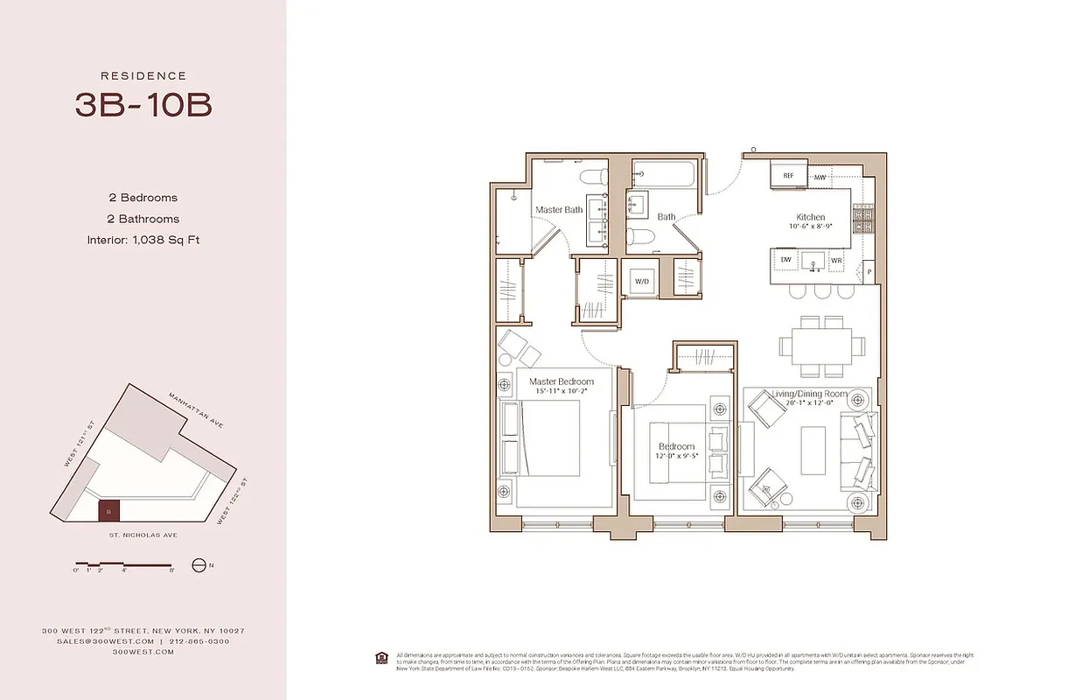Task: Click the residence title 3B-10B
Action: [x=143, y=105]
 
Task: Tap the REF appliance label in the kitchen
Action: [x=788, y=176]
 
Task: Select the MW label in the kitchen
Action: [x=820, y=178]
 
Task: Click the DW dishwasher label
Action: [x=785, y=261]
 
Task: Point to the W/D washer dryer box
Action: [x=641, y=281]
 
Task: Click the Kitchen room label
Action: [x=810, y=217]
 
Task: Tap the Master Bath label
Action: [x=559, y=210]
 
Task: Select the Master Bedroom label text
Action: [x=562, y=381]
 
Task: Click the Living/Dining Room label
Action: [x=809, y=395]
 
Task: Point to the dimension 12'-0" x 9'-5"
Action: [x=677, y=456]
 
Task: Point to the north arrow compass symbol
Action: [x=199, y=565]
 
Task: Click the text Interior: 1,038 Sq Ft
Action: [x=143, y=240]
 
